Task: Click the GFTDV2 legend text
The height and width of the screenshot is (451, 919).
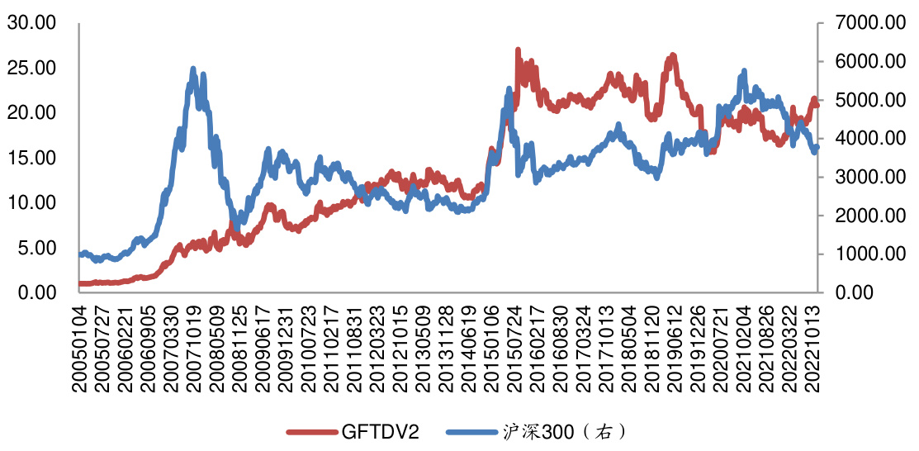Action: pyautogui.click(x=376, y=432)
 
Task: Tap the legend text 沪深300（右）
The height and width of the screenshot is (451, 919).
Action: pyautogui.click(x=561, y=432)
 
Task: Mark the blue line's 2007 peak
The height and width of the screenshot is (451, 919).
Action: pyautogui.click(x=193, y=70)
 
